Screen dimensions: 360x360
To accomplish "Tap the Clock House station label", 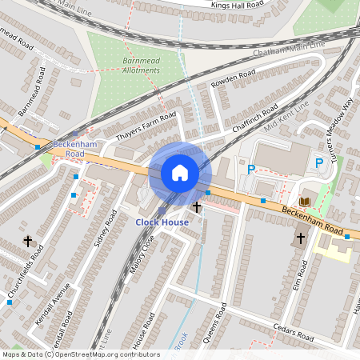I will coord(162,222).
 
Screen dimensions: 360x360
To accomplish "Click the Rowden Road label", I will coord(233,79).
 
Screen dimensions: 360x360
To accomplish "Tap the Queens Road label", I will coord(215,323).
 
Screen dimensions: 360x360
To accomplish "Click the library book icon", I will coord(306,201).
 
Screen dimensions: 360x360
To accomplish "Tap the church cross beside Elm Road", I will coord(301,238).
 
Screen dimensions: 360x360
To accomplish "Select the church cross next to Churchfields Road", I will coord(28,240).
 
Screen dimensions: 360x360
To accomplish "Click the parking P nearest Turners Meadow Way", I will coord(319,163).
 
